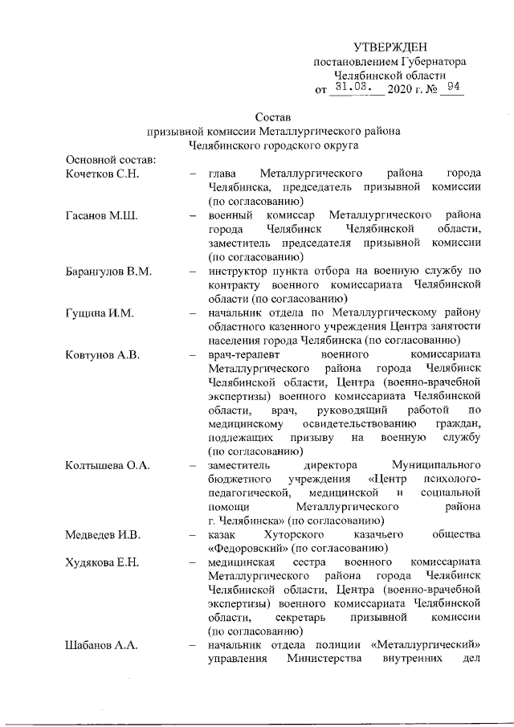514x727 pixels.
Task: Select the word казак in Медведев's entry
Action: pyautogui.click(x=222, y=534)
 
